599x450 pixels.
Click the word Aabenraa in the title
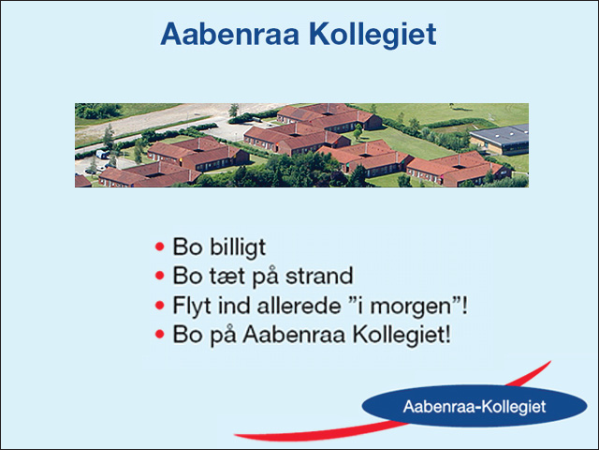[229, 34]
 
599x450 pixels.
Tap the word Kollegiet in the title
[373, 36]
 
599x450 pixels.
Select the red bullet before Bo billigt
[160, 247]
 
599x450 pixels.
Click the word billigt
[238, 247]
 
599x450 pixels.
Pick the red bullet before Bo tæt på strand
[160, 276]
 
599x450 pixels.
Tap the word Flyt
[192, 306]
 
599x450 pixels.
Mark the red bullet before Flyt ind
[160, 305]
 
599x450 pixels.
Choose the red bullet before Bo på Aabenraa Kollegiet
[160, 334]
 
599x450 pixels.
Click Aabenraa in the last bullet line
[294, 334]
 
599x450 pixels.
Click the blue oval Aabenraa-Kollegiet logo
[475, 406]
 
